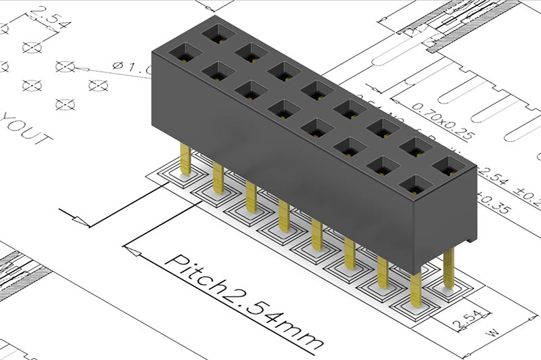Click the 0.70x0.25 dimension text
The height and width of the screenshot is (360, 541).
(x=443, y=118)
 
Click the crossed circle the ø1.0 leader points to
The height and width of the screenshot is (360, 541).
(x=65, y=66)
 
